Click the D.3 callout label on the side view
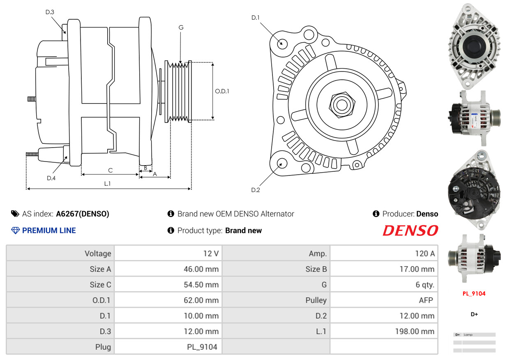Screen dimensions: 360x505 (50, 12)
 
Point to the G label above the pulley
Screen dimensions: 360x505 (181, 28)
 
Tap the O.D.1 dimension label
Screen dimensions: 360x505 (222, 91)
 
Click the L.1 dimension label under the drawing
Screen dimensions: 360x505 (107, 184)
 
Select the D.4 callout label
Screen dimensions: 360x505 (51, 178)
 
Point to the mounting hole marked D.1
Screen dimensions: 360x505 (282, 43)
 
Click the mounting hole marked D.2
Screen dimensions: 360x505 (281, 163)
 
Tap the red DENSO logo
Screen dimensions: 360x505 (410, 231)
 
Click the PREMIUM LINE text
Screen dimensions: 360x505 (49, 231)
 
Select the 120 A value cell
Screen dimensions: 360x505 (384, 254)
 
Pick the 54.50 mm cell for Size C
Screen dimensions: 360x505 (168, 285)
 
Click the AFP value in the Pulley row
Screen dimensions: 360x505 (384, 300)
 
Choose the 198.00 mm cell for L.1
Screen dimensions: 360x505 (384, 331)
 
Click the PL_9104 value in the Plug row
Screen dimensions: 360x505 (168, 347)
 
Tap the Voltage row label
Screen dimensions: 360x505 (60, 254)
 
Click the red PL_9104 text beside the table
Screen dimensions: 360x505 (474, 293)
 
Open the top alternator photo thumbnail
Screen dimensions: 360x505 (474, 44)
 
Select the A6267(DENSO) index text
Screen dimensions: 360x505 (83, 214)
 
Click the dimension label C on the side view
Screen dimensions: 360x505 (110, 170)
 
